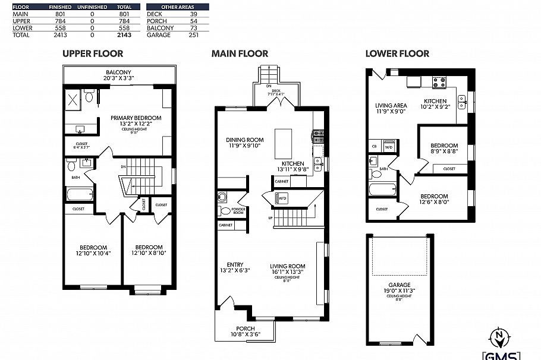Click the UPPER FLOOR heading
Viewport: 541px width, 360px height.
click(x=93, y=53)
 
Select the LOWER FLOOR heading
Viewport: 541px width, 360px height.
click(x=397, y=53)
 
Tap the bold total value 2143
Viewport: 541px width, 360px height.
click(x=124, y=35)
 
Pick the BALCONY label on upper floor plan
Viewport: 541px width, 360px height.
click(x=119, y=72)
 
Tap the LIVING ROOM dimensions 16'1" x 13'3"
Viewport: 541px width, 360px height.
click(x=287, y=272)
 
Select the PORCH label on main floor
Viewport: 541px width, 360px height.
click(x=245, y=329)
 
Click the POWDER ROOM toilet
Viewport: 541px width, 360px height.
click(x=224, y=210)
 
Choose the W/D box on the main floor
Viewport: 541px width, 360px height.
click(x=282, y=198)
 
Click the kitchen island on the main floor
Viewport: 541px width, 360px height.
click(x=284, y=140)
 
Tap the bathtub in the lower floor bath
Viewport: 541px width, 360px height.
click(x=380, y=190)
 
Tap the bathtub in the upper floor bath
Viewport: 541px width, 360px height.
click(x=79, y=194)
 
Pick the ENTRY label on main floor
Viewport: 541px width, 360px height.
click(x=235, y=265)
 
